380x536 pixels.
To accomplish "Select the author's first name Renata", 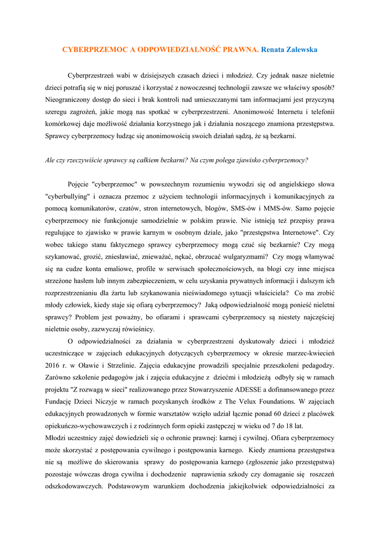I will [x=274, y=50].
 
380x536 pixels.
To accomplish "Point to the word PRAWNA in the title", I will [x=242, y=50].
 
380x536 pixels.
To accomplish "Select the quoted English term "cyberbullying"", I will [x=68, y=196].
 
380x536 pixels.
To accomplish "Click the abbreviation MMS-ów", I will [x=280, y=208].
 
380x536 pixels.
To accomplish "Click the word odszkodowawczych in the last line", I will [x=74, y=485].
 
